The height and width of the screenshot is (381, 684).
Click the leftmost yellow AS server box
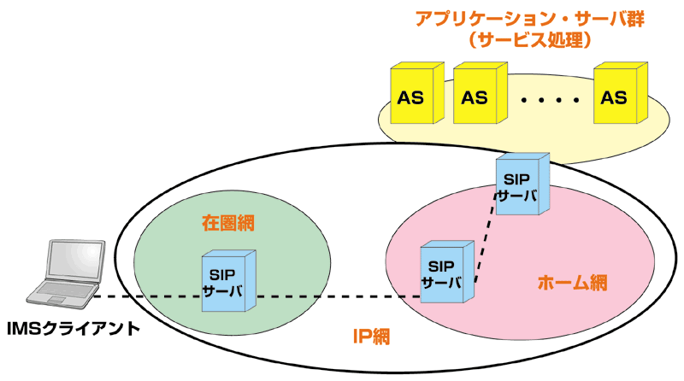pos(417,93)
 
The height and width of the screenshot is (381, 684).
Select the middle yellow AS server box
pos(481,93)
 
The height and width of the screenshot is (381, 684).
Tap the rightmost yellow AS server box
pos(621,93)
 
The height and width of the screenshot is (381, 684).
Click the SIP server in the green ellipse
pos(228,281)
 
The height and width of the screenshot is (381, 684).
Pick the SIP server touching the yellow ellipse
pos(522,184)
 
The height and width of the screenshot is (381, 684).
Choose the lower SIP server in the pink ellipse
pos(447,272)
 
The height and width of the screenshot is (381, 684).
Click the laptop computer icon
pos(66,274)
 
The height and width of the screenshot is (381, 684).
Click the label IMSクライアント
pos(74,329)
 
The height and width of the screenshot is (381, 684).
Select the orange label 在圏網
pos(228,223)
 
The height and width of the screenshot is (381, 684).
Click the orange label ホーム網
pos(572,283)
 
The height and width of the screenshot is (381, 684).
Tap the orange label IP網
pos(371,336)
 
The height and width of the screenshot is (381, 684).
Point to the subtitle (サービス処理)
pos(530,40)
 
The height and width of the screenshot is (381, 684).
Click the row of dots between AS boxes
pos(551,100)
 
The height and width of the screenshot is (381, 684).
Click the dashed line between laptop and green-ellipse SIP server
pos(148,297)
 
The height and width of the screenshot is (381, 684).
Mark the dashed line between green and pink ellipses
pos(338,297)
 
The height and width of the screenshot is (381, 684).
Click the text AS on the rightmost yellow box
pos(614,97)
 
